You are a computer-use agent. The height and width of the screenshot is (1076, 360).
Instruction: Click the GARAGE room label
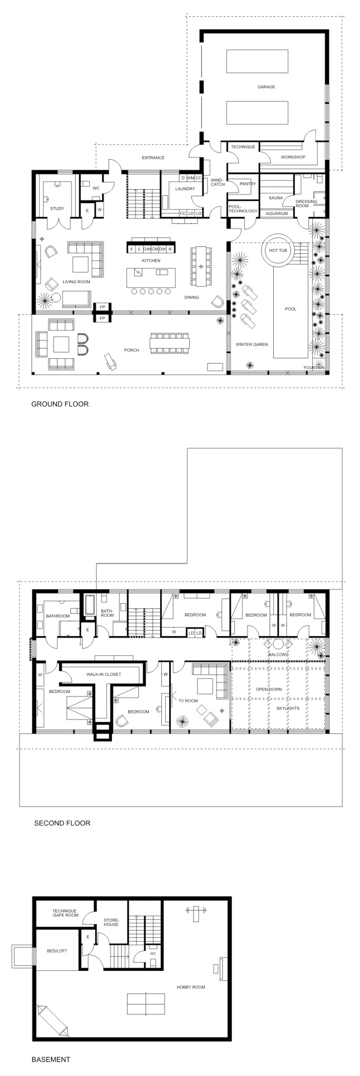[x=266, y=87]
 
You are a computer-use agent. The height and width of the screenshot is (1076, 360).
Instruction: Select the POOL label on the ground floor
[x=291, y=309]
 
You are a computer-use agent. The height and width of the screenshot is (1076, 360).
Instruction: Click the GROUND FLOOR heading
[x=60, y=404]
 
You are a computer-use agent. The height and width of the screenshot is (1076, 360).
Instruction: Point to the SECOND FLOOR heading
[x=62, y=823]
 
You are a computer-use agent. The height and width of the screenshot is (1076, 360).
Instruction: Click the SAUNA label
[x=276, y=198]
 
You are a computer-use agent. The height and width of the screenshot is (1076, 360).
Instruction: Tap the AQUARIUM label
[x=276, y=214]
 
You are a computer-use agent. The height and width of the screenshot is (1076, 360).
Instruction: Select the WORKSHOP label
[x=293, y=157]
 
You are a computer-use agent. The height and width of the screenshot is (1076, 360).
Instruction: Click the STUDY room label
[x=57, y=209]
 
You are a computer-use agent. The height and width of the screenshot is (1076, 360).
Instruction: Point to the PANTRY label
[x=248, y=184]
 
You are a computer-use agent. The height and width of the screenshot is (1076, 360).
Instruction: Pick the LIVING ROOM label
[x=77, y=282]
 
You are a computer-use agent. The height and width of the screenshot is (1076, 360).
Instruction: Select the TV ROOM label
[x=188, y=701]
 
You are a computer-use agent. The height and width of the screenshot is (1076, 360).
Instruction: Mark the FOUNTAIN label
[x=314, y=368]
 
